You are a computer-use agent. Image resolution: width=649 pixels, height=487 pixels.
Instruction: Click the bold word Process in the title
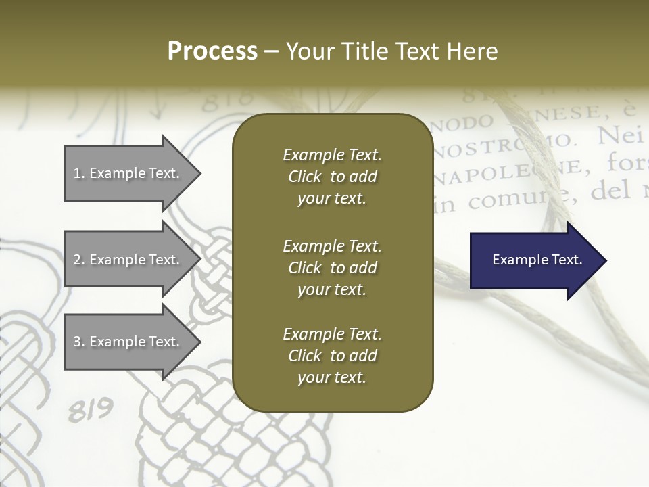pos(212,51)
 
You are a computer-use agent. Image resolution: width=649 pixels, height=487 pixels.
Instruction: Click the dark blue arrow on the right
pos(534,260)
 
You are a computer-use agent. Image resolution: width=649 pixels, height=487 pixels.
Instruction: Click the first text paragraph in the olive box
pos(332,177)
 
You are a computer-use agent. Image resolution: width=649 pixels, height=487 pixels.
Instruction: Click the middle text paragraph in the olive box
pos(332,268)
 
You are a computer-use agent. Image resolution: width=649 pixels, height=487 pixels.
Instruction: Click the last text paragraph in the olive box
pos(332,356)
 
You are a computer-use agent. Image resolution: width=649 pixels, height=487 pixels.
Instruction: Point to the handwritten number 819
pos(90,410)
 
